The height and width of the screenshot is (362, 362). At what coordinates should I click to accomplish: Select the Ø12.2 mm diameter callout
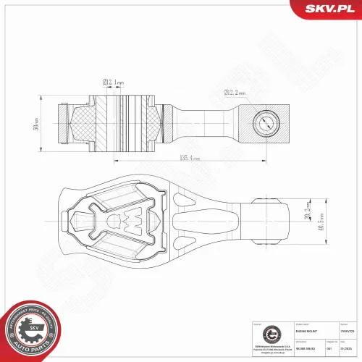click(234, 93)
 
